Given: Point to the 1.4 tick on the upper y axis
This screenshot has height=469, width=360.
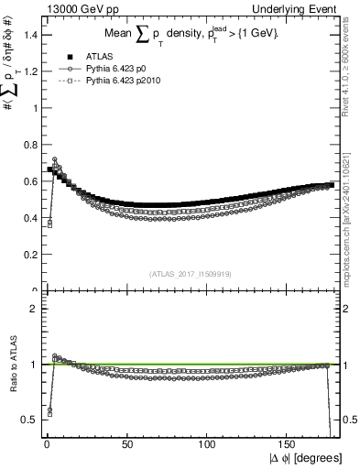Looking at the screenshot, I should click(31, 35).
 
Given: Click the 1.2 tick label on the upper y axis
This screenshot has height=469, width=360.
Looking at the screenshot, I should click(31, 71).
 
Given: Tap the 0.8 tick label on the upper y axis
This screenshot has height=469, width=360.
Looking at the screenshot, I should click(31, 145).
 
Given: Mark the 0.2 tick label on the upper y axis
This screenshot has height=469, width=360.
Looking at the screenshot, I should click(31, 255).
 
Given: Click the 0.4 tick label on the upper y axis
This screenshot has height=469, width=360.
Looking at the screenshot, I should click(31, 218).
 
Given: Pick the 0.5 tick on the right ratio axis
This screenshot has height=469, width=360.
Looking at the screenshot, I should click(349, 420).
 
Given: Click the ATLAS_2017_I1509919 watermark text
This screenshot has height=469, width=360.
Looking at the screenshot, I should click(189, 273).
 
